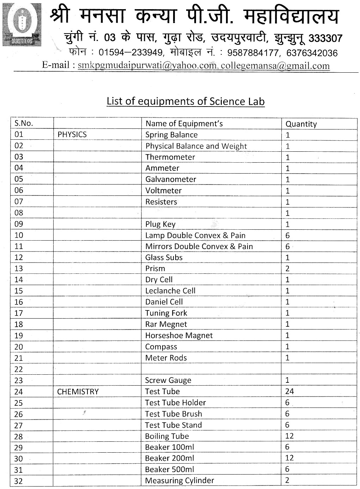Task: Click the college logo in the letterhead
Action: click(x=22, y=24)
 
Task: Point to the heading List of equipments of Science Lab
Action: click(x=185, y=101)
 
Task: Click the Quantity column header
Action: click(x=301, y=124)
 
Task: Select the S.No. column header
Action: click(x=24, y=123)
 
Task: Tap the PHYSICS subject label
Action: click(x=72, y=134)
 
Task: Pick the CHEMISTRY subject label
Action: click(x=78, y=391)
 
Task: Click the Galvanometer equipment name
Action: click(x=171, y=179)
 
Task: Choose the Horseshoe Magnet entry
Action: click(x=179, y=335)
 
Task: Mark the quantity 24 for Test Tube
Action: click(x=289, y=391)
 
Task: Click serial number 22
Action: click(x=18, y=369)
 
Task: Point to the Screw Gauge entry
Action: click(x=168, y=380)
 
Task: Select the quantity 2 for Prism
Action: click(x=287, y=268)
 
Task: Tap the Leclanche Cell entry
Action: click(x=170, y=291)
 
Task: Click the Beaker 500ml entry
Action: click(x=169, y=469)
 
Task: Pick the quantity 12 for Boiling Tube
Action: click(x=289, y=436)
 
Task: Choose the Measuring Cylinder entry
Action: click(x=179, y=480)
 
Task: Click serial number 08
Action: click(x=19, y=213)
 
